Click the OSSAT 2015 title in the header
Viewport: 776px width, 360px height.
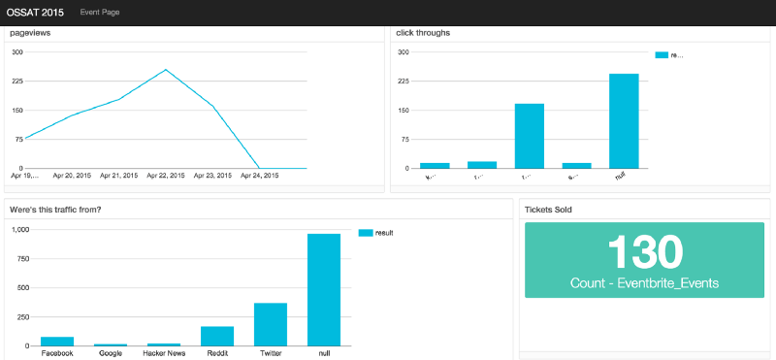tap(34, 12)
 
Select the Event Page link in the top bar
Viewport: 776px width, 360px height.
tap(100, 12)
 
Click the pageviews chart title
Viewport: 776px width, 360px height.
tap(30, 33)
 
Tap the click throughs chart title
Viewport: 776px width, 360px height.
tap(423, 33)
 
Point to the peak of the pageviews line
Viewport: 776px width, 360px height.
tap(166, 70)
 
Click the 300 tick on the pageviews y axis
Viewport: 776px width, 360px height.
tap(16, 52)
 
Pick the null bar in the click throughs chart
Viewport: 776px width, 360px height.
tap(624, 121)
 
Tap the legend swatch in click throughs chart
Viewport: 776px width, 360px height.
tap(662, 55)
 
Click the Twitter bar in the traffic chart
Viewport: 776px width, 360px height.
tap(271, 324)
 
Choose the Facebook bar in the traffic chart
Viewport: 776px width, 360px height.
tap(57, 341)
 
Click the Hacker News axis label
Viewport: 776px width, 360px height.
tap(164, 353)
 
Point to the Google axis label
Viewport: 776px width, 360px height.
tap(111, 353)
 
